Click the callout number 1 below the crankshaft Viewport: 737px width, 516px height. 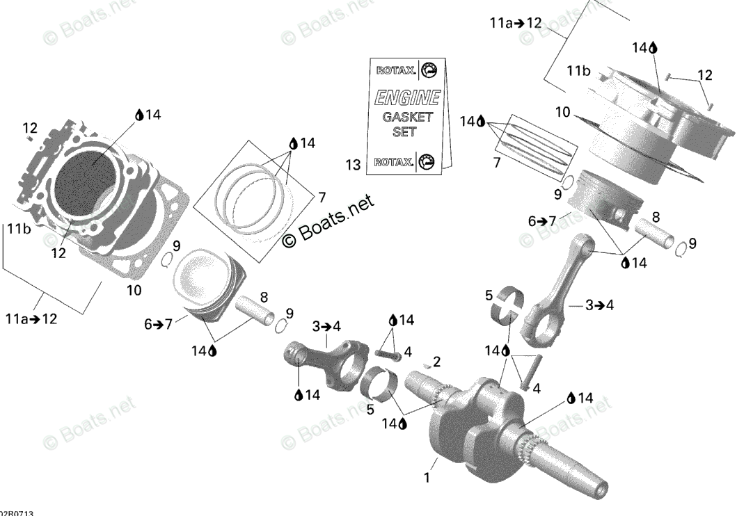coord(427,478)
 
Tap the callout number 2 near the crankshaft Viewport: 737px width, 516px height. coord(436,362)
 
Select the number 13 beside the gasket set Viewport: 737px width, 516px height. coord(353,165)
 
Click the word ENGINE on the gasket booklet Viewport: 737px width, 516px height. coord(407,97)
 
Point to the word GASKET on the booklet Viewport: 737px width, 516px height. coord(407,116)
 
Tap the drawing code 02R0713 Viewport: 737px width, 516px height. coord(17,513)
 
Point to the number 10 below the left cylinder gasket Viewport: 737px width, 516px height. coord(134,289)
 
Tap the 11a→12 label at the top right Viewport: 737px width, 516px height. coord(515,23)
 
